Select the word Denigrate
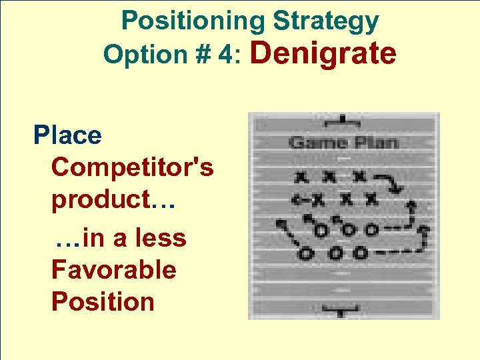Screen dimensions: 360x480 coord(323,53)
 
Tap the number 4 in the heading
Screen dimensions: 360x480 coord(230,55)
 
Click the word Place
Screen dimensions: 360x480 coord(67,135)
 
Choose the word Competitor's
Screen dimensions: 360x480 coord(133,167)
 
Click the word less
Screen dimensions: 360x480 coord(160,238)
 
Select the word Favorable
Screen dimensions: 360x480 coord(113,270)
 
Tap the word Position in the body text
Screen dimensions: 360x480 coord(103,301)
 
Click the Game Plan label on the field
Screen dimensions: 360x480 coord(343,142)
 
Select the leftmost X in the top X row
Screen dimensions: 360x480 coord(303,177)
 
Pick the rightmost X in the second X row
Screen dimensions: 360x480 coord(371,198)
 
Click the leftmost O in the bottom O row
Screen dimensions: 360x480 coord(306,253)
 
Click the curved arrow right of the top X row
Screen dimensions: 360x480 coord(390,182)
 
